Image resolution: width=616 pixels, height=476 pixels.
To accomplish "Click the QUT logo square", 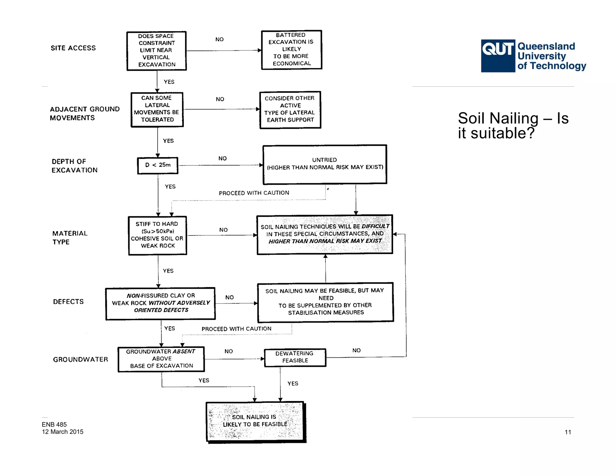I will click(498, 56).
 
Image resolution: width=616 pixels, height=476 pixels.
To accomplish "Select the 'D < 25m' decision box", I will click(158, 165).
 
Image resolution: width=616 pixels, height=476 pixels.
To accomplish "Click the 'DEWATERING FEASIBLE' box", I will click(295, 357).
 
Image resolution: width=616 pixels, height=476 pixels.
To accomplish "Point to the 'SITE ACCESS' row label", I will click(73, 48).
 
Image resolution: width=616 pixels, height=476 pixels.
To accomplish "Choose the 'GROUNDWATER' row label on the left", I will click(80, 359).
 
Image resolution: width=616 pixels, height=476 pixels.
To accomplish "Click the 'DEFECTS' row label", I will click(68, 301).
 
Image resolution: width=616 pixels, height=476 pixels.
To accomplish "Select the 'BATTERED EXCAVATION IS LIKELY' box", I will click(291, 50).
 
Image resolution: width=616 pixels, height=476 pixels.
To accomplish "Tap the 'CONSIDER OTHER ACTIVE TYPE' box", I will click(290, 110).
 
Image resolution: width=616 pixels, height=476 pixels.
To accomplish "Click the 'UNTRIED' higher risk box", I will click(325, 164).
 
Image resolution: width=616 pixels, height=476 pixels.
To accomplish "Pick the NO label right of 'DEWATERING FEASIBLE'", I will click(356, 350).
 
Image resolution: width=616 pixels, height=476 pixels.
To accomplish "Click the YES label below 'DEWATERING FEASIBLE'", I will click(293, 383).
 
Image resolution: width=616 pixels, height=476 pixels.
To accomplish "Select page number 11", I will click(568, 432).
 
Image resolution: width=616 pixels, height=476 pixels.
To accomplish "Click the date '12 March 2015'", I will click(63, 432).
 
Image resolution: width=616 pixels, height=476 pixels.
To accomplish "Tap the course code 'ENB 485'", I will click(54, 424).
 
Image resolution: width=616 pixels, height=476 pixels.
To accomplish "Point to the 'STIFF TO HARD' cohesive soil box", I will click(157, 235).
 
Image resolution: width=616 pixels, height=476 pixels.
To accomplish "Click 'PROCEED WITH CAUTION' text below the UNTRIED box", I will click(254, 193).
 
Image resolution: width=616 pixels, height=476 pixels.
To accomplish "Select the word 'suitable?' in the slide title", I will click(503, 133).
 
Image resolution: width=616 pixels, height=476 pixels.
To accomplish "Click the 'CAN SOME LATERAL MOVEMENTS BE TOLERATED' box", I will click(157, 109).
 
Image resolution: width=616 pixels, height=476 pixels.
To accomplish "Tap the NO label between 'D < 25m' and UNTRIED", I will click(222, 158).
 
